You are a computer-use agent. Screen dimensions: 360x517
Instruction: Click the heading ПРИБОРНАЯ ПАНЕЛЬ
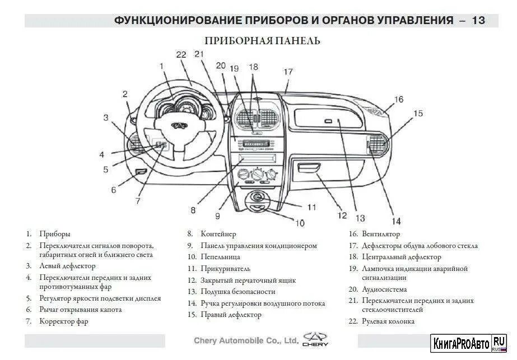(x=262, y=41)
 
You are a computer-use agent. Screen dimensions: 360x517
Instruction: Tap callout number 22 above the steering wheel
(x=180, y=55)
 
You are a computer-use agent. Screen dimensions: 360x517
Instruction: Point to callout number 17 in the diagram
(x=288, y=72)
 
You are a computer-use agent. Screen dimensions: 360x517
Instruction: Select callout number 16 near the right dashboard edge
(x=398, y=100)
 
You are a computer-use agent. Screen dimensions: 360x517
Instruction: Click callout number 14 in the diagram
(x=396, y=221)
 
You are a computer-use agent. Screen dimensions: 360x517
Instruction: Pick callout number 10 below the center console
(x=300, y=223)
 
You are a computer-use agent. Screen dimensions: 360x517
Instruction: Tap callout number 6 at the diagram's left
(x=113, y=190)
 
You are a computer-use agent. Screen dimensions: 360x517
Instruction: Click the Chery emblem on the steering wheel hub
(x=177, y=126)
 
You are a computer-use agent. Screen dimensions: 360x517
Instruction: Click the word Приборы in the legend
(x=55, y=234)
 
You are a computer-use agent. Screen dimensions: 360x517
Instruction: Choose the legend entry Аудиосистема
(x=383, y=289)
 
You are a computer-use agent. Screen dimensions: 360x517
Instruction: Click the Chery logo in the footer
(x=316, y=339)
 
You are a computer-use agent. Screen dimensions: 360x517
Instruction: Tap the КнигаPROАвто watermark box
(x=468, y=342)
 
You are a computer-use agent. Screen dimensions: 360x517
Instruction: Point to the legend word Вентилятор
(x=381, y=234)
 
